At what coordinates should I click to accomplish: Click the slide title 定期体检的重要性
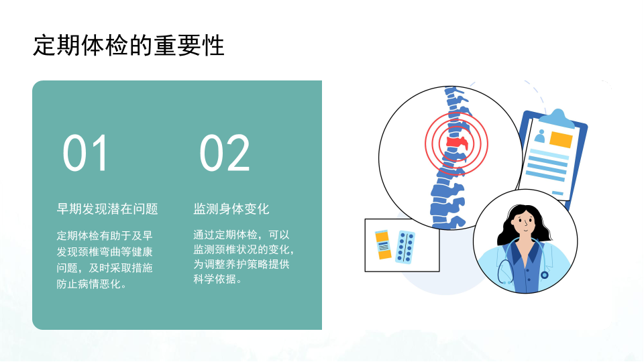pos(129,45)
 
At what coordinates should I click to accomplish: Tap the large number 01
pos(85,153)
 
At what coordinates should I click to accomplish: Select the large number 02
pos(224,153)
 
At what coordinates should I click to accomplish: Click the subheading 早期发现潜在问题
pos(107,209)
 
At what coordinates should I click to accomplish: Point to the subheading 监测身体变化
pos(231,209)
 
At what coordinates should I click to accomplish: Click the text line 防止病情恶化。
pos(92,284)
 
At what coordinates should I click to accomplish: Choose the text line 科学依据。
pos(218,279)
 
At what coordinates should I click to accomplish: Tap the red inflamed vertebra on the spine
pos(457,143)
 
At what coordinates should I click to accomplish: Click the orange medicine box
pos(383,245)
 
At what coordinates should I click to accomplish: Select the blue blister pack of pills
pos(405,247)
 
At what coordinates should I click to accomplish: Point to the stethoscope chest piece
pos(544,275)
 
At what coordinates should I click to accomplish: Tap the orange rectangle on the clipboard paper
pos(561,139)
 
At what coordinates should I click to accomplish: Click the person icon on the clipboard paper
pos(539,136)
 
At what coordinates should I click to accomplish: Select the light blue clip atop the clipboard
pos(557,118)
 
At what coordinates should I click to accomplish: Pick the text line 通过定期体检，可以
pos(241,235)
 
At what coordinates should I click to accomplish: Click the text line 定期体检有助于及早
pos(105,235)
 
